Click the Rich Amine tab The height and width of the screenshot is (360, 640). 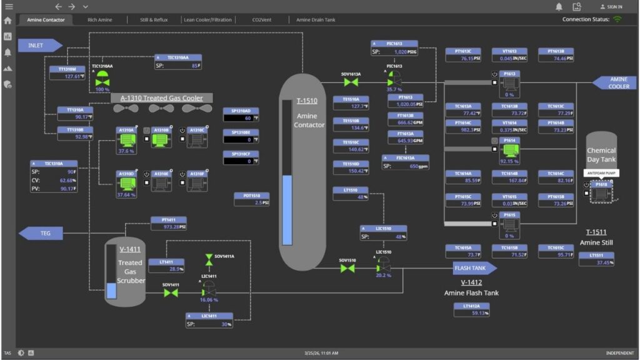point(101,20)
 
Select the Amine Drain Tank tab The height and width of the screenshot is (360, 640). point(316,20)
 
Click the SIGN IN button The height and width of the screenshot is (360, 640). point(611,7)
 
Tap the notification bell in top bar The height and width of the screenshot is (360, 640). point(559,7)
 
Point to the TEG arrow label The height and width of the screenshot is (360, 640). point(41,233)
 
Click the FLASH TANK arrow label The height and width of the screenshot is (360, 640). point(474,268)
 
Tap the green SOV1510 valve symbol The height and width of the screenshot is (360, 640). point(347,268)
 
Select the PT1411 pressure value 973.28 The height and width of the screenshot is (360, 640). point(169,227)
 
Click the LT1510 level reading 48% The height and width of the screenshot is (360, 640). point(350,197)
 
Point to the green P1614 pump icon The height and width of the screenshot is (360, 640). point(510,151)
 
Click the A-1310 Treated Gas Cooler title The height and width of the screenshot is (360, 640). point(161,97)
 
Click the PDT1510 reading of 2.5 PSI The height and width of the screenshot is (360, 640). point(252,202)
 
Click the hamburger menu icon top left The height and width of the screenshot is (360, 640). point(9,6)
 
